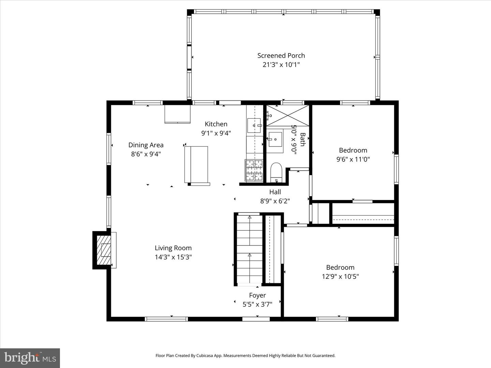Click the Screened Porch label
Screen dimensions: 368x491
[281, 56]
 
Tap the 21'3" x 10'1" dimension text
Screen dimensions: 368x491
[281, 65]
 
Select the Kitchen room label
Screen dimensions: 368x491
[216, 124]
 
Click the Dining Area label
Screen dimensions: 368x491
[146, 145]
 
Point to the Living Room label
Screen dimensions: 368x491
[173, 248]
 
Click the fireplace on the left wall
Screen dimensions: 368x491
[104, 250]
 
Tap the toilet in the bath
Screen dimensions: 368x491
[276, 172]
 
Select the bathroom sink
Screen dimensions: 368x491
[275, 139]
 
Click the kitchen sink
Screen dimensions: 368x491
[254, 125]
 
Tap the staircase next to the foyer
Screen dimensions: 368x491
[249, 249]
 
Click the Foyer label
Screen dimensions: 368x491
[257, 295]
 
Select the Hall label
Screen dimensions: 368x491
[275, 192]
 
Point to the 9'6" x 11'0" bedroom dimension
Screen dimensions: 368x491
[353, 159]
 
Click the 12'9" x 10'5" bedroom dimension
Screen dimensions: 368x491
[340, 276]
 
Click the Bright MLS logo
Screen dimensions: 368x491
[30, 358]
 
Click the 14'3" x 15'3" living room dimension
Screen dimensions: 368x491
[173, 257]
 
